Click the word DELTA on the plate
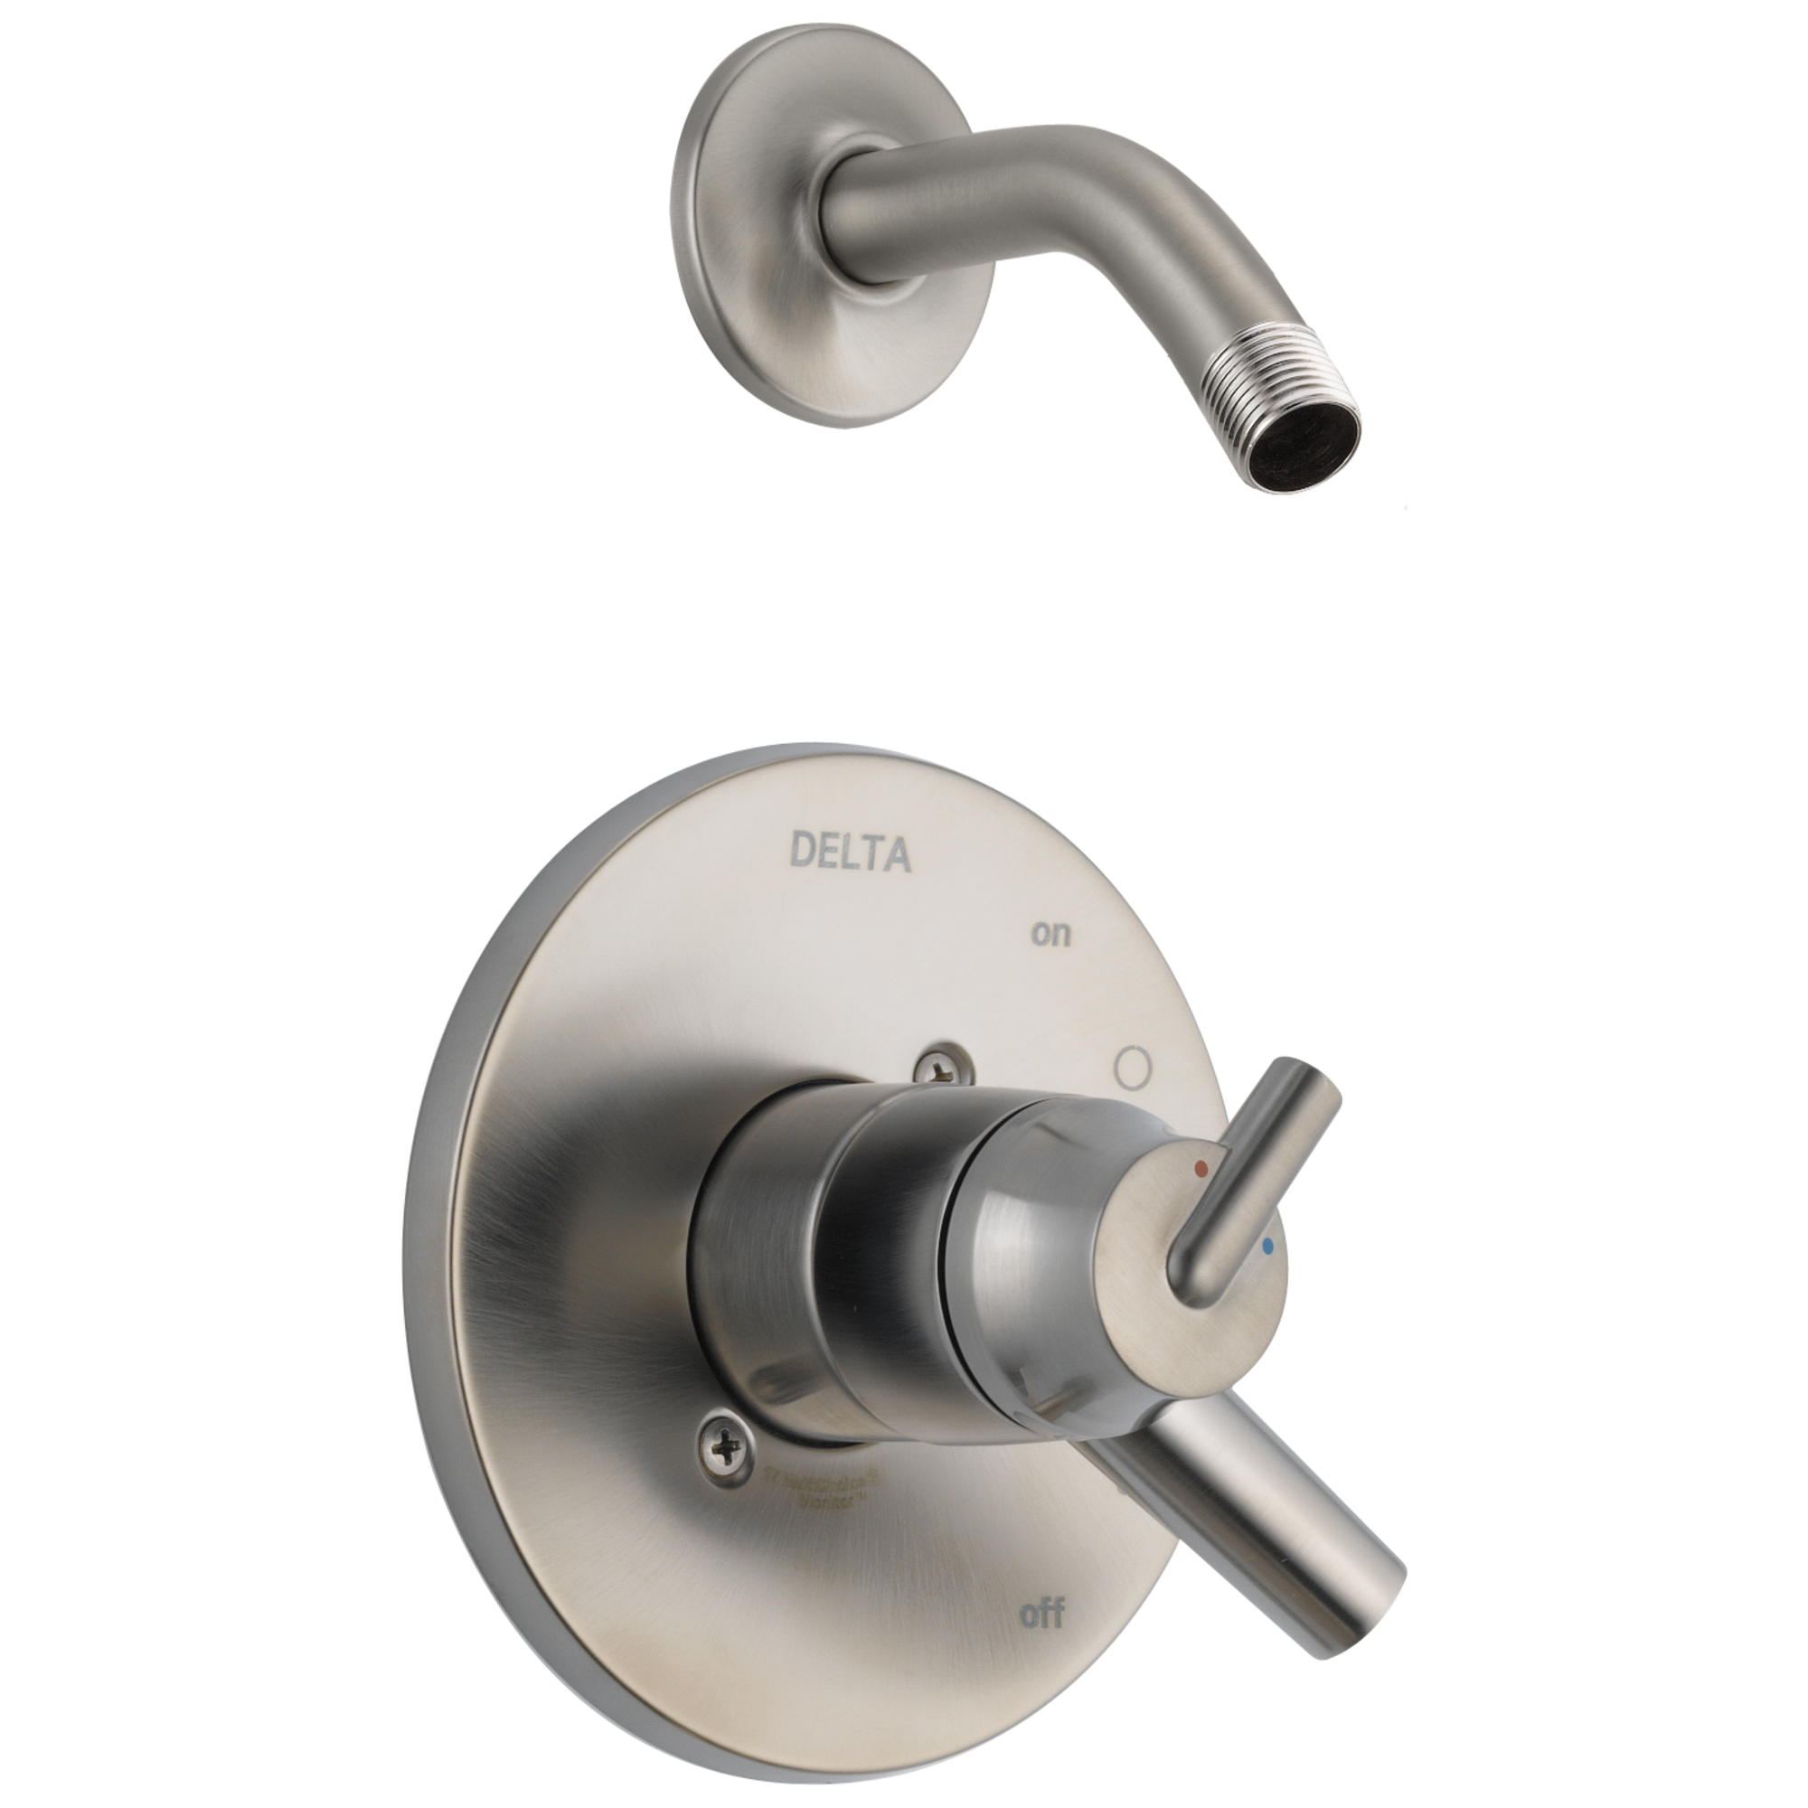[x=850, y=852]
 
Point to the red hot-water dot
[x=1201, y=1170]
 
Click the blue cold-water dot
[x=1268, y=1248]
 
